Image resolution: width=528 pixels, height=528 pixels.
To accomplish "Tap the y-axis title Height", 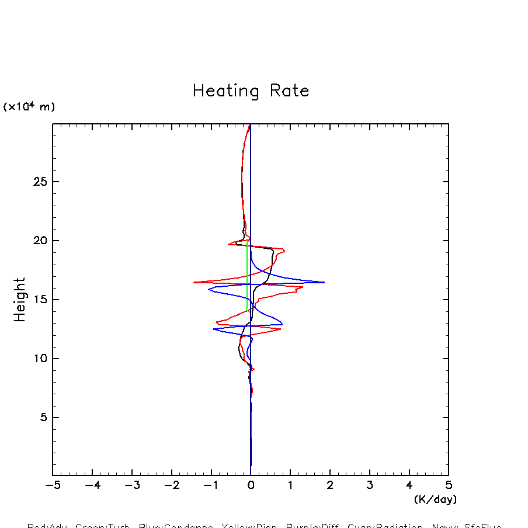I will coord(20,300).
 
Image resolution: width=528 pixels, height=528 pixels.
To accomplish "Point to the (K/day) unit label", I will coord(435,499).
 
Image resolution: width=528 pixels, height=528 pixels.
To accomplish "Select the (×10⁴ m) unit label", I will coord(29,107).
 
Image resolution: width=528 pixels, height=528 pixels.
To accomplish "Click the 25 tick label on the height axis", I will coord(39,182).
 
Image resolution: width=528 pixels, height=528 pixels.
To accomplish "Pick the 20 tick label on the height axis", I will coord(39,241).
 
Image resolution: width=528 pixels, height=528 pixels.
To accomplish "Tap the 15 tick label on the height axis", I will coord(39,300).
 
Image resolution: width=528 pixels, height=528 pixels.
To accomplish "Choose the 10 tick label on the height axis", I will coord(39,359).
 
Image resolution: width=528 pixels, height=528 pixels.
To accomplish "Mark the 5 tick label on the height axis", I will coord(42,418).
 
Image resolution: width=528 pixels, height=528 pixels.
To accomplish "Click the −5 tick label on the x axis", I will coord(53,485).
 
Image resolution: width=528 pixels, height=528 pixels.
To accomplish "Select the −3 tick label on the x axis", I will coord(132,485).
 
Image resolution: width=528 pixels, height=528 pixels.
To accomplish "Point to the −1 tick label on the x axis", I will coord(211,485).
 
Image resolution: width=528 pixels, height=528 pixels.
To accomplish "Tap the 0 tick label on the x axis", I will coord(251,485).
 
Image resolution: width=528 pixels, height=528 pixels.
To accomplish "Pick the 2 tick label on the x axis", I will coord(330,485).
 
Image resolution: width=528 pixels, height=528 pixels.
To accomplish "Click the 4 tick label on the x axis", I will coord(409,485).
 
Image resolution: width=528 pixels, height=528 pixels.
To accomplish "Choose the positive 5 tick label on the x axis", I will coord(449,485).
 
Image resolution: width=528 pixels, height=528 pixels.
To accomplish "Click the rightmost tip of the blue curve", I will coord(324,282).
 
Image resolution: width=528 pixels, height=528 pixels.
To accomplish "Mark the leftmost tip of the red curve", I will coord(194,282).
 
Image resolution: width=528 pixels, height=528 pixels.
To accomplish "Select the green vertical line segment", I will coord(248,275).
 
